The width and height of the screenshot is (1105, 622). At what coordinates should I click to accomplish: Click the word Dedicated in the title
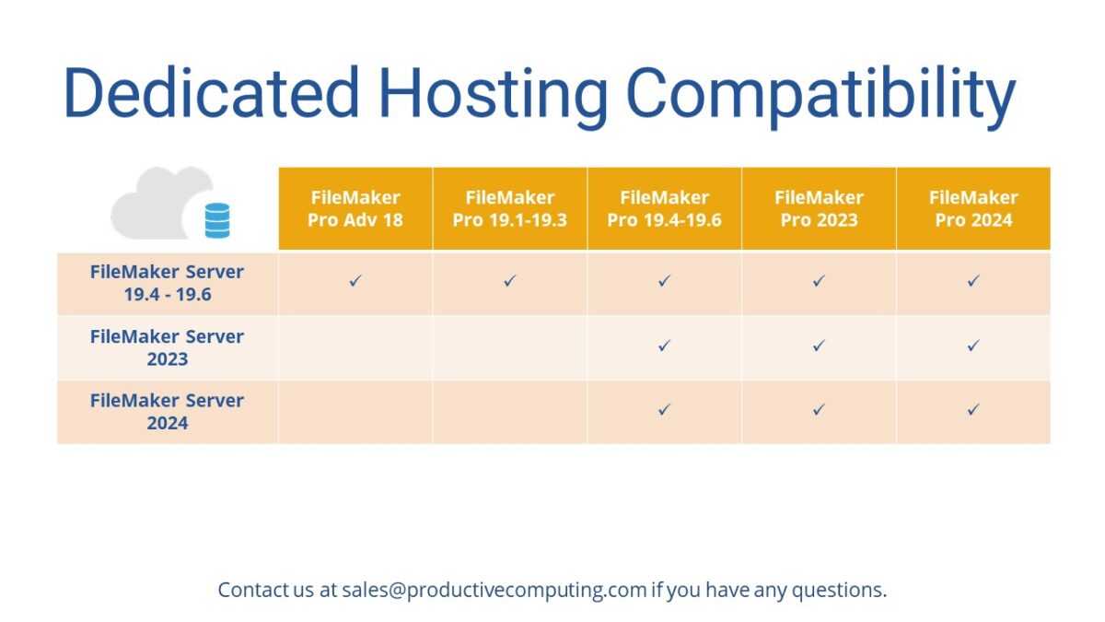[x=211, y=93]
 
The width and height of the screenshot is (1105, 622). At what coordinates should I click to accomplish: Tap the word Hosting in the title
[x=493, y=93]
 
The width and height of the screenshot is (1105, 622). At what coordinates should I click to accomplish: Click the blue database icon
[x=217, y=221]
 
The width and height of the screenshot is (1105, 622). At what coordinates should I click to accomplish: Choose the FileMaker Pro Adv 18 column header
[x=355, y=208]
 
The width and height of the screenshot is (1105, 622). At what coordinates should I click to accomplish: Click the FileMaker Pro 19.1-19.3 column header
[x=510, y=208]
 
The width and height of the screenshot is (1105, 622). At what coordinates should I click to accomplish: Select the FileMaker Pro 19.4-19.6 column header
[x=664, y=208]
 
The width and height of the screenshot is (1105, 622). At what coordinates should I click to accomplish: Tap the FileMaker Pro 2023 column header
[x=819, y=208]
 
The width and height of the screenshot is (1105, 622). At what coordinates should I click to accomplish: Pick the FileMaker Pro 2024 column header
[x=973, y=208]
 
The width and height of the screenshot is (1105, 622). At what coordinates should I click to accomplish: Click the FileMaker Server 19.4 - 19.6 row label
[x=168, y=284]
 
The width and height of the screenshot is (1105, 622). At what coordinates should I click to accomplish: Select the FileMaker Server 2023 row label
[x=168, y=348]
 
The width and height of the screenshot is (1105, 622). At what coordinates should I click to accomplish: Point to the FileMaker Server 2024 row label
[x=168, y=412]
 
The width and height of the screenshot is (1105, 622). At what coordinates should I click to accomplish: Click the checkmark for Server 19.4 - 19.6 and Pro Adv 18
[x=355, y=281]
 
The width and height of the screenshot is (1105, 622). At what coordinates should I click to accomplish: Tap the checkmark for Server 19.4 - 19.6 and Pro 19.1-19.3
[x=510, y=281]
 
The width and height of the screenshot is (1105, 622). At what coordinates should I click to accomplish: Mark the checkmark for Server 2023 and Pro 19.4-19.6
[x=664, y=346]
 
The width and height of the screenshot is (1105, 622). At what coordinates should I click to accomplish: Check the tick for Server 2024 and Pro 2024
[x=973, y=410]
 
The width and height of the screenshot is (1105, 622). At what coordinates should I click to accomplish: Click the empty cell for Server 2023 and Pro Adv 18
[x=355, y=348]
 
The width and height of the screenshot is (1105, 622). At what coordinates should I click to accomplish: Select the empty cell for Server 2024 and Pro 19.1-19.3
[x=510, y=412]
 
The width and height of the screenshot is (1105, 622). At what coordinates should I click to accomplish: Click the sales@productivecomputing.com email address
[x=494, y=590]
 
